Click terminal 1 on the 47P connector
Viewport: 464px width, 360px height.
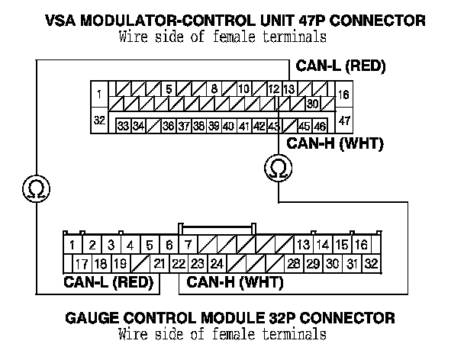point(100,95)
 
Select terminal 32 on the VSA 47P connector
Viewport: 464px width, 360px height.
point(99,121)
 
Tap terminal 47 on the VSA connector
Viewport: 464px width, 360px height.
point(344,121)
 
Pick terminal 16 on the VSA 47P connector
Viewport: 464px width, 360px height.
point(344,95)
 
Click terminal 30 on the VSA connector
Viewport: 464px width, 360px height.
point(311,104)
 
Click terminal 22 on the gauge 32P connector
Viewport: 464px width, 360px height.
point(178,264)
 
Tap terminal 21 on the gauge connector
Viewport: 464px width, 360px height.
point(159,264)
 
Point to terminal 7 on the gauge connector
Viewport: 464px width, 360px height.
point(188,245)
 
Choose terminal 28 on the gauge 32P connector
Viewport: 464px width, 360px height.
point(293,264)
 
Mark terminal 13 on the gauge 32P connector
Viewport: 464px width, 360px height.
point(303,245)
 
